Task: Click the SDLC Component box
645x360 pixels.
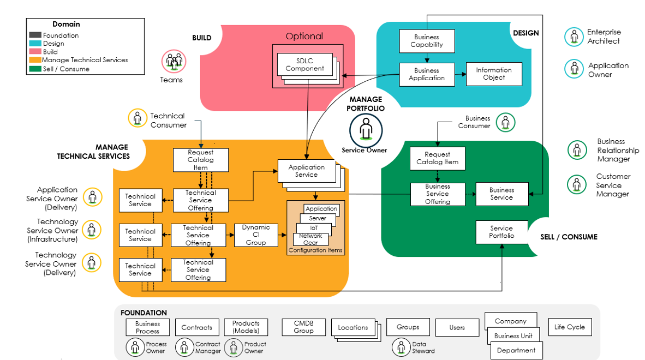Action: pos(304,64)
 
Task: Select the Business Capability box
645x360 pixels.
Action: pos(426,41)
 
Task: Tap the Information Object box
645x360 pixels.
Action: pos(494,74)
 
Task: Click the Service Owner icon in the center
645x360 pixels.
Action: pos(366,130)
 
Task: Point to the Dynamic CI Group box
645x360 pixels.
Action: pos(255,235)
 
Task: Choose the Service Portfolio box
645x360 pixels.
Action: pos(501,232)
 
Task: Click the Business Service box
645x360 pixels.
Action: pos(501,194)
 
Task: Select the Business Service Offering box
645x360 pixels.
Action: pos(437,194)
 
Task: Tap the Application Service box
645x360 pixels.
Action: pos(306,171)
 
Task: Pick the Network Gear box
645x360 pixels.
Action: pos(310,239)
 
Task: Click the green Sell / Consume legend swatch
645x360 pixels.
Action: pos(35,69)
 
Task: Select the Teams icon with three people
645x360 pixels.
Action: pos(174,61)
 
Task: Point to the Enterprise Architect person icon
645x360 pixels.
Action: pos(574,37)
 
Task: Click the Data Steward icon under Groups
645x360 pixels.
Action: pos(401,346)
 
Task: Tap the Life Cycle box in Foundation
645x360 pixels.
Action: pos(569,327)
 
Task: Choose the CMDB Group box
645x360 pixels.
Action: pos(304,327)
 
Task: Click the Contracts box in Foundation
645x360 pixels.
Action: pos(196,327)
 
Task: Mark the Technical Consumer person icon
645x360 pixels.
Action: pos(138,118)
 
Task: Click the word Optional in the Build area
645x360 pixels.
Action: pos(304,36)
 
